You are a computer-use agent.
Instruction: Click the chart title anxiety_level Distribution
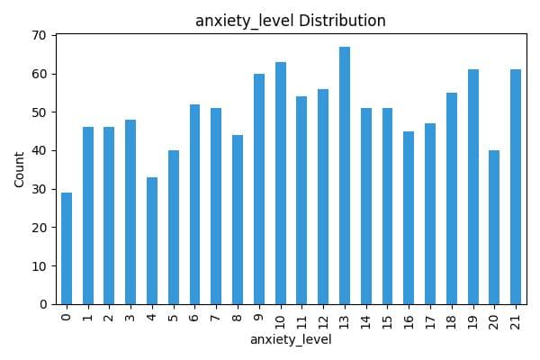click(290, 21)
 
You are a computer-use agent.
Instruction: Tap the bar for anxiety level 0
click(67, 248)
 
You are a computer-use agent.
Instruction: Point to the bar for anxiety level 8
click(238, 220)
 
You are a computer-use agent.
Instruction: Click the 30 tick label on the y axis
click(41, 189)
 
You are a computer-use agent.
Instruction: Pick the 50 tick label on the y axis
click(41, 112)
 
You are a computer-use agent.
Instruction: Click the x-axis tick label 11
click(302, 319)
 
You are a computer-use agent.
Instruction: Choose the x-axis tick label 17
click(430, 319)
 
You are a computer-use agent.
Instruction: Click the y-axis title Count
click(20, 169)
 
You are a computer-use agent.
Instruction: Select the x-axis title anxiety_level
click(290, 340)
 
